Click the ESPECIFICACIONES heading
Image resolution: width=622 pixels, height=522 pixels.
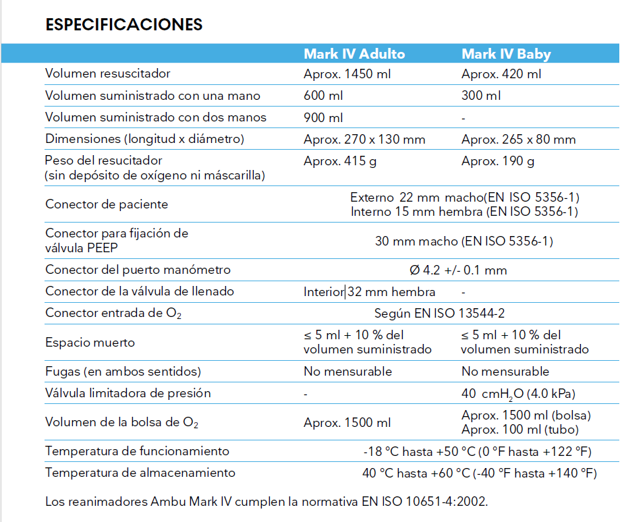(123, 25)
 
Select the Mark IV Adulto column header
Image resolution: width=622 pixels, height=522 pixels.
(354, 54)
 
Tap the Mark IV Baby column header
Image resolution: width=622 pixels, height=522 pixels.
(506, 54)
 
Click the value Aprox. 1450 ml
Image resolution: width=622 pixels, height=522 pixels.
(347, 74)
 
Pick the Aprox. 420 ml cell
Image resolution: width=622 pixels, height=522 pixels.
(501, 74)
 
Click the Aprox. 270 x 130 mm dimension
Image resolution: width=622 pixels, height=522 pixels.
(364, 140)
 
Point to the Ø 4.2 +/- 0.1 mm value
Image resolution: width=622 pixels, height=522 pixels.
(458, 270)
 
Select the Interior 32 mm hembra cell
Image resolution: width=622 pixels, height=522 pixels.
(369, 292)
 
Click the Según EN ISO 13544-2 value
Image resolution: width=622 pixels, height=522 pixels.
(440, 314)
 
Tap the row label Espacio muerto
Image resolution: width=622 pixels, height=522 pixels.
(90, 343)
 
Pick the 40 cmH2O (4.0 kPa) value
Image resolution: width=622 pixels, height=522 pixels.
(518, 394)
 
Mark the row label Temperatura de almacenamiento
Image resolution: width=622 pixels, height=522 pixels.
(140, 473)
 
